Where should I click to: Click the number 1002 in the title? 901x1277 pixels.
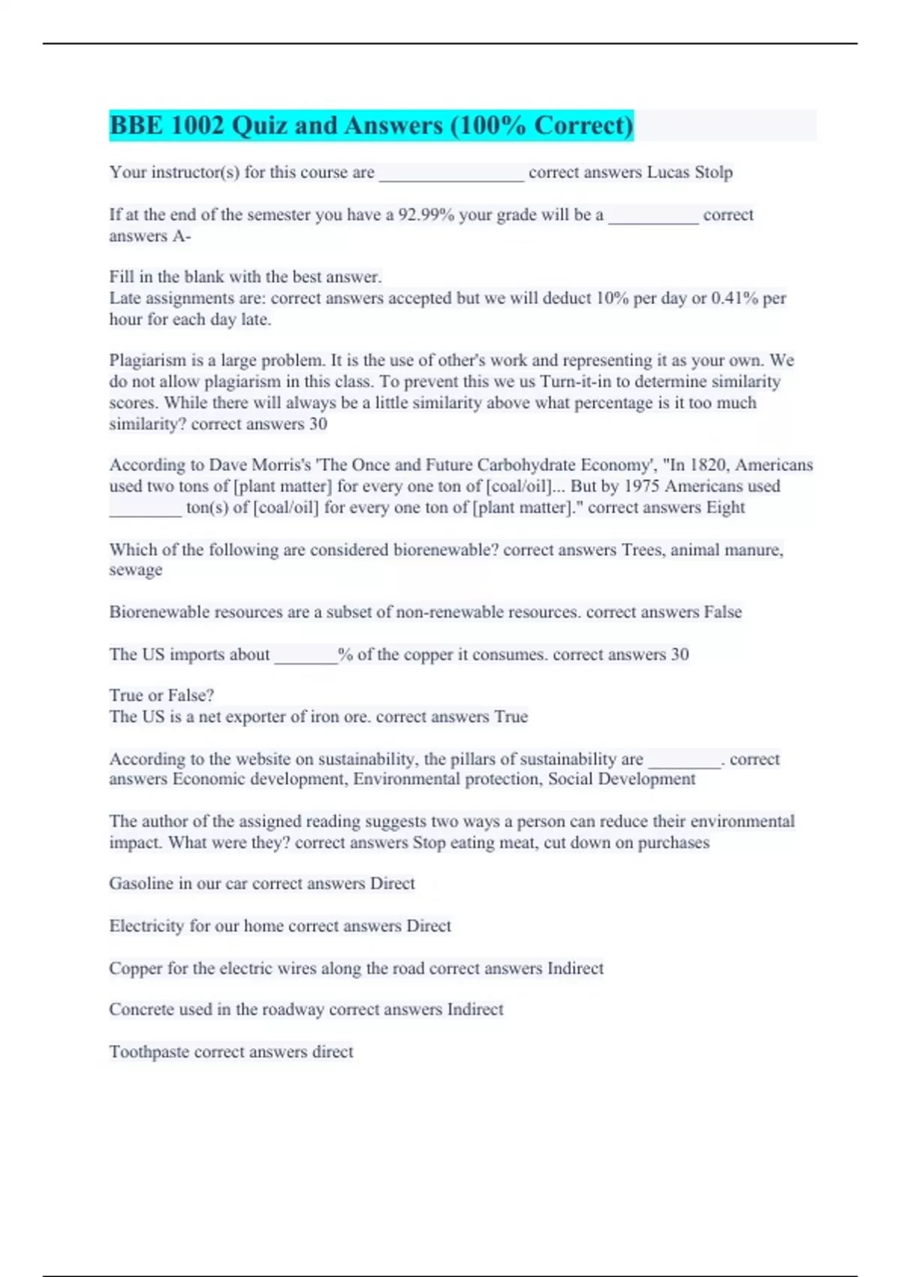[x=197, y=125]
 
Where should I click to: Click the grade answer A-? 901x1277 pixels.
[x=182, y=236]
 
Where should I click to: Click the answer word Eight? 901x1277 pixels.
[x=725, y=508]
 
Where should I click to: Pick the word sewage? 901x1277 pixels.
[x=136, y=570]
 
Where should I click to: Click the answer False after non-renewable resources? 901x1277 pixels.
[x=722, y=612]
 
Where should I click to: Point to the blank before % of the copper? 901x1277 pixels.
[x=306, y=655]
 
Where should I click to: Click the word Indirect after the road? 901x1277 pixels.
[x=575, y=968]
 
